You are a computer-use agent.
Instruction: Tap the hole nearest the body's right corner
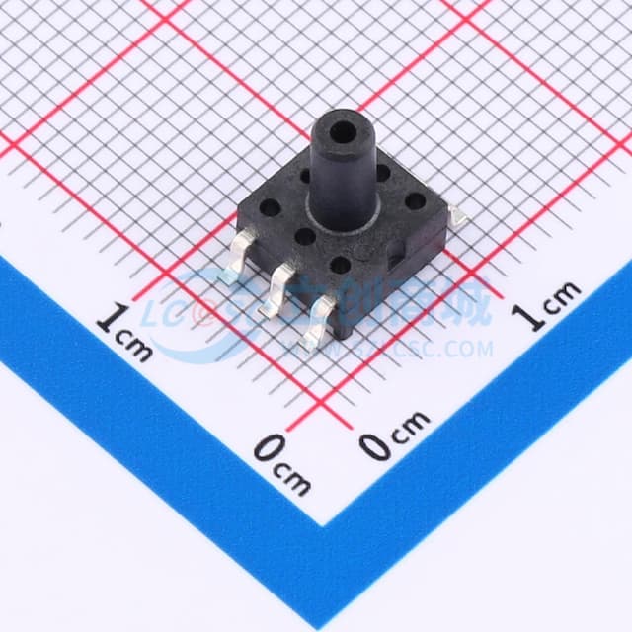[x=416, y=201]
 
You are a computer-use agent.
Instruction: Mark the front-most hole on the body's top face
[x=340, y=265]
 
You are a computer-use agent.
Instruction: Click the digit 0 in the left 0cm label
[x=268, y=450]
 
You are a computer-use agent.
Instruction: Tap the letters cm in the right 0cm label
[x=410, y=424]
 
